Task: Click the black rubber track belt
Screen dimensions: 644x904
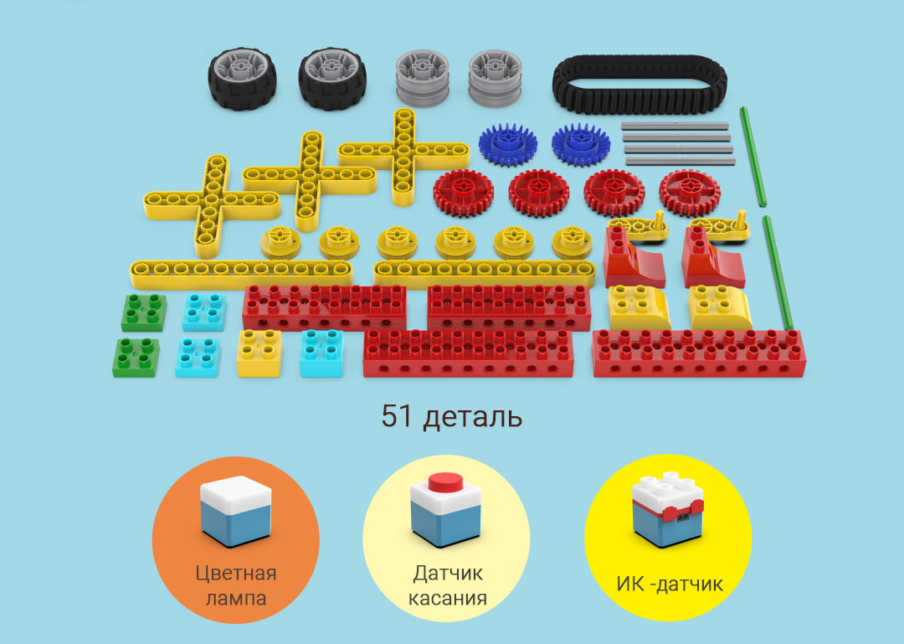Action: point(639,84)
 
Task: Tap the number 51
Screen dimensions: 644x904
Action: point(397,416)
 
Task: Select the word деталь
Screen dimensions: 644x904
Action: point(472,416)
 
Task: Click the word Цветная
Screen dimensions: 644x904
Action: point(236,574)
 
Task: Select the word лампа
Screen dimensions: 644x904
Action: point(236,598)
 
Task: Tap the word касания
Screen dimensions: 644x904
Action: point(449,598)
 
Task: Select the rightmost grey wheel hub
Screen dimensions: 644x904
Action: point(495,78)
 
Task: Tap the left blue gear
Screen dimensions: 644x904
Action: point(507,145)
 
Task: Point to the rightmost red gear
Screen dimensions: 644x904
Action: point(689,193)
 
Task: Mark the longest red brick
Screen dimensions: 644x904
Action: point(699,353)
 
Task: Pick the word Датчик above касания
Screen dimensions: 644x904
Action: point(449,574)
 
